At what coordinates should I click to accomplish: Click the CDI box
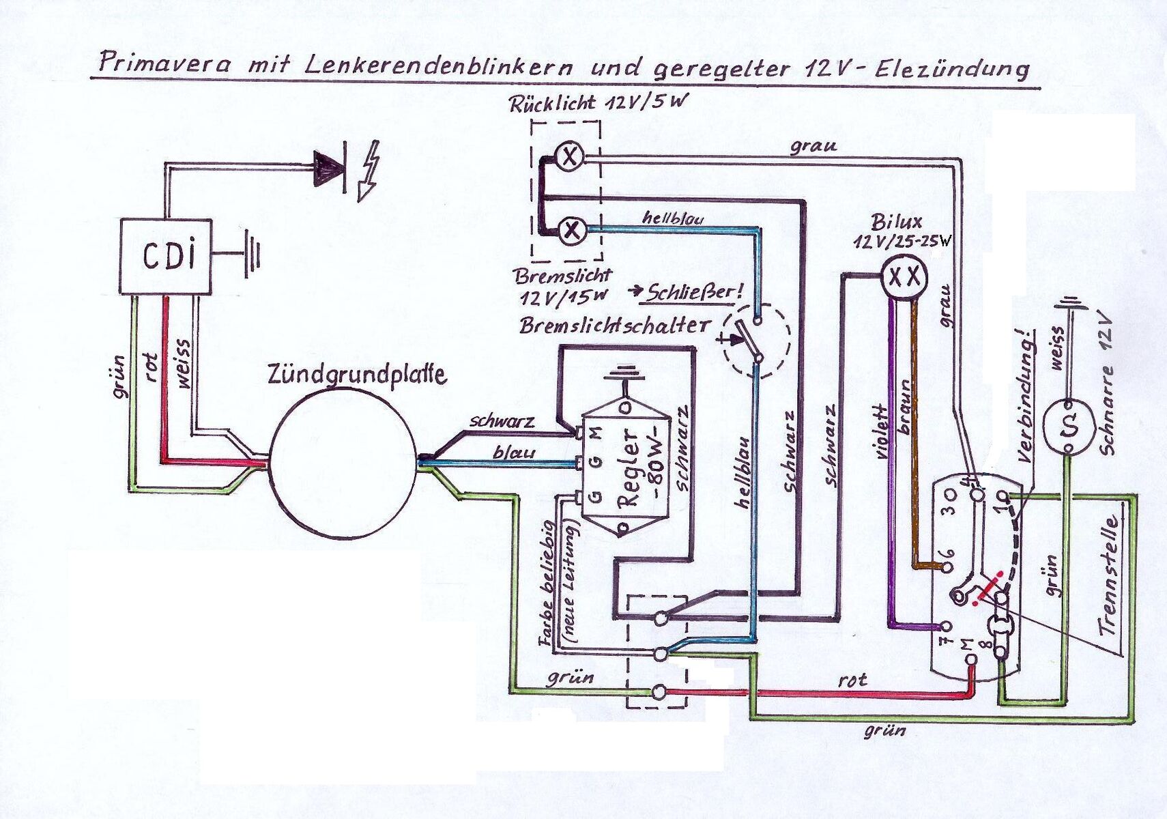coord(166,257)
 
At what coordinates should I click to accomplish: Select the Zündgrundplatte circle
coord(342,461)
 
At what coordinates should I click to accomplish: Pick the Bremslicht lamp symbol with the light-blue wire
coord(572,231)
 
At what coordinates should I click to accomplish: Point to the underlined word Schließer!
coord(694,293)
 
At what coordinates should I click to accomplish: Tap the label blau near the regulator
coord(513,452)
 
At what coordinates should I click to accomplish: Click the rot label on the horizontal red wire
coord(852,679)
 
